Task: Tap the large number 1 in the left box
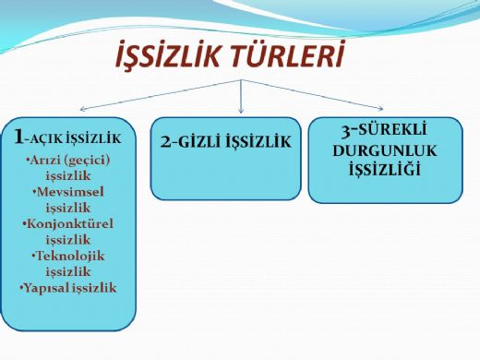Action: tap(19, 137)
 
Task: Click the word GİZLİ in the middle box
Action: tap(201, 142)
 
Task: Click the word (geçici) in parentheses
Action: tap(96, 158)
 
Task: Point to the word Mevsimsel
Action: tap(73, 191)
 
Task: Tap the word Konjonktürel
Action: tap(73, 223)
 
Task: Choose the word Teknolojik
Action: tap(73, 256)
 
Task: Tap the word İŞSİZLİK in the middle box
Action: tap(258, 142)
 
